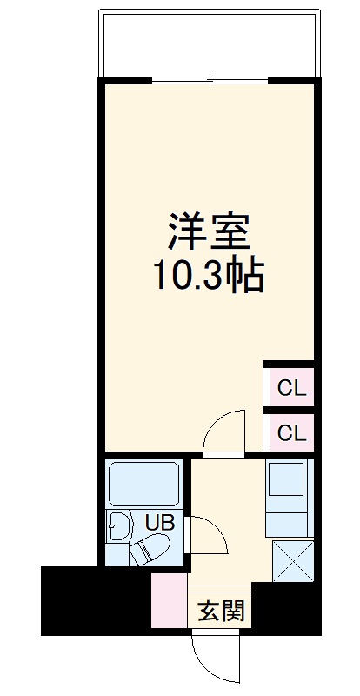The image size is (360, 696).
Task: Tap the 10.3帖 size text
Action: click(209, 277)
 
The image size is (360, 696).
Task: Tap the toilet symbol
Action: click(150, 549)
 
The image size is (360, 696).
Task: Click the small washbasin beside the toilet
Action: click(118, 526)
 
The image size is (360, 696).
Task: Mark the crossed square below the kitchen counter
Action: click(293, 560)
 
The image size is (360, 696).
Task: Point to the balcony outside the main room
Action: click(209, 43)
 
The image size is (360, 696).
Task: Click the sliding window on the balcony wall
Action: click(210, 82)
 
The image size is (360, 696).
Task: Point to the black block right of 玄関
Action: click(283, 608)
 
